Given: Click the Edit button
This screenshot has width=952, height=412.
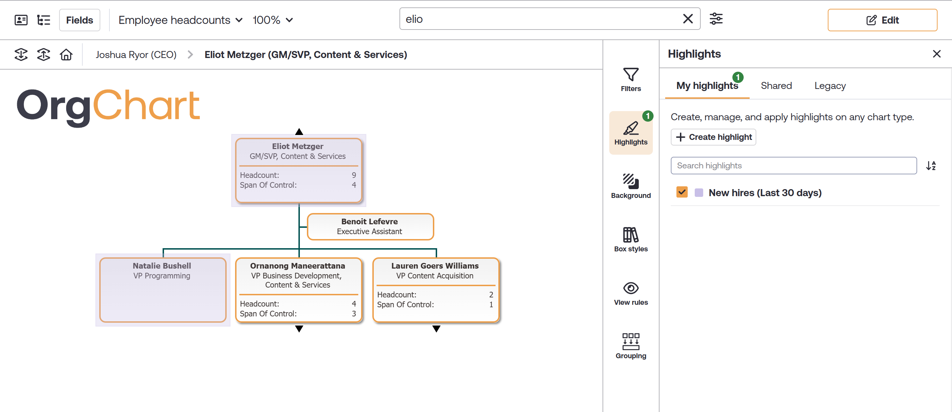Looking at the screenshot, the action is [x=882, y=20].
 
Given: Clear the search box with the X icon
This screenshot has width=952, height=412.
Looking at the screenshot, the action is [x=688, y=19].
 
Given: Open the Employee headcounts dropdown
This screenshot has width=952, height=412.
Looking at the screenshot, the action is [x=180, y=20].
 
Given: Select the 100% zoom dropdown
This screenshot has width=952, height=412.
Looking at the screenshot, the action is [x=272, y=20].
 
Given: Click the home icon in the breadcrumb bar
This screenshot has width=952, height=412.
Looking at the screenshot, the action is [x=66, y=54].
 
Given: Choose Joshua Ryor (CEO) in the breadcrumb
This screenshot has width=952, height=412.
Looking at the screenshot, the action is [x=136, y=54].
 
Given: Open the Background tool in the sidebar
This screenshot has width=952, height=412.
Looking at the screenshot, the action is [x=630, y=186].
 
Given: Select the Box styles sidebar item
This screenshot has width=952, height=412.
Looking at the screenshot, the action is [x=630, y=240].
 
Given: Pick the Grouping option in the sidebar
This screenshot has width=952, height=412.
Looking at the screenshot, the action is [x=630, y=346].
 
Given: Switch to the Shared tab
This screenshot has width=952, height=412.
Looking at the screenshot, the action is [x=776, y=86].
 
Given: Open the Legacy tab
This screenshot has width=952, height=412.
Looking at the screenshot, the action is [x=830, y=86].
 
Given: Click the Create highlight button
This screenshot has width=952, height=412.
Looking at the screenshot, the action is [x=713, y=137].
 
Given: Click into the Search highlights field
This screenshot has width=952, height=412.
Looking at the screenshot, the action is [x=794, y=165].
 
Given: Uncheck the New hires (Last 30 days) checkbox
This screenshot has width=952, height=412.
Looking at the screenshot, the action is [x=682, y=192].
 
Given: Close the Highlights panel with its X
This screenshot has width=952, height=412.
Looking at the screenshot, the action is [x=936, y=54].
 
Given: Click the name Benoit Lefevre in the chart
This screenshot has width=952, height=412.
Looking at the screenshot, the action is [x=369, y=221].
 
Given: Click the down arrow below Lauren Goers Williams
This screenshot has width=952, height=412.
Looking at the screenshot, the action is [x=436, y=329].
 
